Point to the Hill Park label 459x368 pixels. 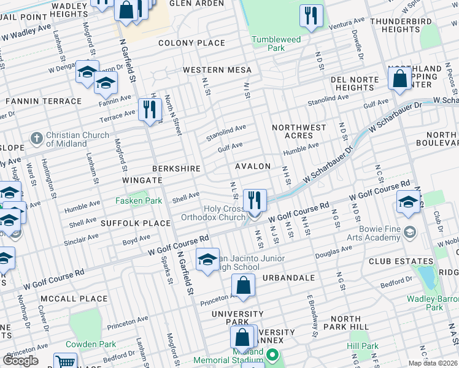[x=362, y=346]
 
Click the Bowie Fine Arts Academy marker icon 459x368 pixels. [x=410, y=233]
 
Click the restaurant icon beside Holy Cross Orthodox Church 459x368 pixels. [x=255, y=199]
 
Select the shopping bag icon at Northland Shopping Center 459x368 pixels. [x=399, y=79]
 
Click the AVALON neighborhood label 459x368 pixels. [x=252, y=166]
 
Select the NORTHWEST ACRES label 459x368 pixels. [x=299, y=131]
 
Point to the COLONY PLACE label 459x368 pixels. [x=191, y=44]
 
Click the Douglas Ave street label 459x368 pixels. [x=333, y=251]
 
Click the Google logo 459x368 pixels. [x=21, y=361]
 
